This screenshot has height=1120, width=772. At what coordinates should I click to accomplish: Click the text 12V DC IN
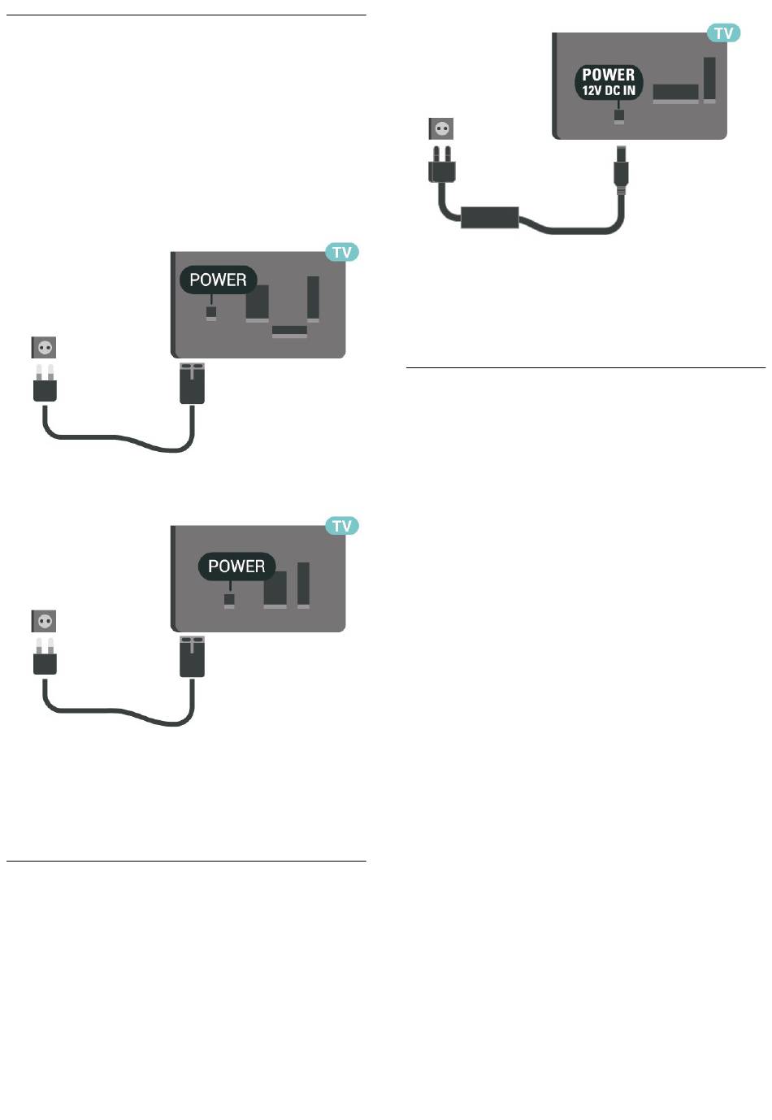click(608, 91)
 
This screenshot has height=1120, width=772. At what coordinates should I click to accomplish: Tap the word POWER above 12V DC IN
click(608, 75)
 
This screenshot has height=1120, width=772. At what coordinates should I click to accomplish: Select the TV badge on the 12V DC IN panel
click(722, 33)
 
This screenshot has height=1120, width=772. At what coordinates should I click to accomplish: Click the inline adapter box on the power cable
click(489, 217)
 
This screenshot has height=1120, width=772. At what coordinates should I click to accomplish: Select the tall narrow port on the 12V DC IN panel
click(709, 80)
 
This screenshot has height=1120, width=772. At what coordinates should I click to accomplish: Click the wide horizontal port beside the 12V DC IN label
click(675, 93)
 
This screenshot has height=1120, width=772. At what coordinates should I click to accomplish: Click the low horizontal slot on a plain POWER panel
click(289, 332)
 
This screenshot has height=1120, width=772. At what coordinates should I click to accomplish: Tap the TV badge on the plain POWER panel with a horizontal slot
click(341, 253)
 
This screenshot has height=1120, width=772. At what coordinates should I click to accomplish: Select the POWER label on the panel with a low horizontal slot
click(218, 280)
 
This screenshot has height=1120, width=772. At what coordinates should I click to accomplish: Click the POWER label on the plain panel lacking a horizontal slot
click(236, 567)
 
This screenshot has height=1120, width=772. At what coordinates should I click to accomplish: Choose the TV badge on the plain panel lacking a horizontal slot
click(341, 527)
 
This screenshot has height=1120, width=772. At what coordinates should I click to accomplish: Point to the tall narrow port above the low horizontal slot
click(313, 298)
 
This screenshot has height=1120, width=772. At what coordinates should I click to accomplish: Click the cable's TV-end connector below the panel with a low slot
click(192, 384)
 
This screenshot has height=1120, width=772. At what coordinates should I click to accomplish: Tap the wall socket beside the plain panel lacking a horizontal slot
click(45, 622)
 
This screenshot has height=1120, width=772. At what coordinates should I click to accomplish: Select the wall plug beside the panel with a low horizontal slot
click(46, 384)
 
